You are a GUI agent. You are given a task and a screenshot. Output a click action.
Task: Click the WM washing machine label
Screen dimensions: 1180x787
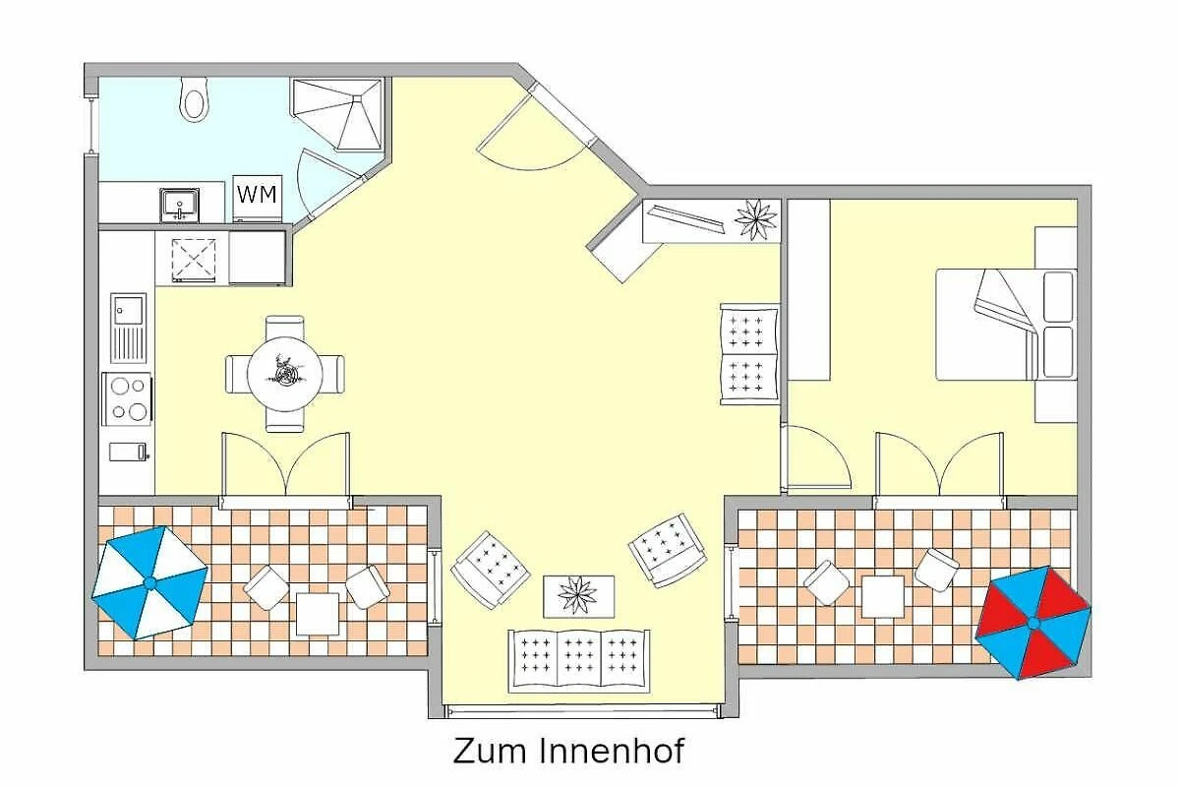click(x=257, y=195)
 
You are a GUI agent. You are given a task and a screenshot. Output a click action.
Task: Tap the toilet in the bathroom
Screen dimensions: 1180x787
click(x=195, y=99)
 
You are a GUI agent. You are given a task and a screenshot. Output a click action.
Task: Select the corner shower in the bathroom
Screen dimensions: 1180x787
click(x=337, y=114)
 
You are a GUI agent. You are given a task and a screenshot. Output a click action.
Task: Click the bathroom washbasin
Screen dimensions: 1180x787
click(x=180, y=205)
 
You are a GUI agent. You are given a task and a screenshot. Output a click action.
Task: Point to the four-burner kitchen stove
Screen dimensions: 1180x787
click(x=128, y=398)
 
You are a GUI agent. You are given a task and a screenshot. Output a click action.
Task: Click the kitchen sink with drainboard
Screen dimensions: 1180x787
click(x=128, y=328)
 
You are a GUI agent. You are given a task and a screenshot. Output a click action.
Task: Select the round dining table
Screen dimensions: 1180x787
click(x=285, y=374)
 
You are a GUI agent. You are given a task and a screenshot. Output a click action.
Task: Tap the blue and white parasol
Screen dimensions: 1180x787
click(x=149, y=583)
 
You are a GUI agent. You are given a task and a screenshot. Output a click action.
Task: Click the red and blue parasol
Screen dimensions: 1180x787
click(x=1033, y=623)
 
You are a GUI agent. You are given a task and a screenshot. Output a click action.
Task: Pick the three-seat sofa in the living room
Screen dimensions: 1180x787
click(x=579, y=661)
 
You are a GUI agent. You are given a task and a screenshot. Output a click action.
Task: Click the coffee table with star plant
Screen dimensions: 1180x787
click(x=578, y=596)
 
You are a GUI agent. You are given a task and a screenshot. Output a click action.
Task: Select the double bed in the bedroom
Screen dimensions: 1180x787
click(x=1006, y=325)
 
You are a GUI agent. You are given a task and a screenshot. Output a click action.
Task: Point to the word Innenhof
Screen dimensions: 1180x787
click(x=612, y=751)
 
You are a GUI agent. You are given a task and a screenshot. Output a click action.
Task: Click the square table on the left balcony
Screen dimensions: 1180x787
click(x=317, y=614)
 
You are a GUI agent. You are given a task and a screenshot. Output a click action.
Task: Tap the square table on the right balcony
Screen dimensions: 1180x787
click(x=883, y=596)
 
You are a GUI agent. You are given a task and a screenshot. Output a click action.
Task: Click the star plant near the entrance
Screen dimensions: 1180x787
click(x=756, y=219)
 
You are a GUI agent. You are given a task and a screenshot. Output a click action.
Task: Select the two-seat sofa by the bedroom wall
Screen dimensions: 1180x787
click(x=749, y=354)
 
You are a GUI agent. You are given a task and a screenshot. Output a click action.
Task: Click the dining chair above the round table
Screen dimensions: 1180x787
click(x=285, y=327)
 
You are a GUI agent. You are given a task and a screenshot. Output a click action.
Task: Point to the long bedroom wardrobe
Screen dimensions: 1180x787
click(x=808, y=289)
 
